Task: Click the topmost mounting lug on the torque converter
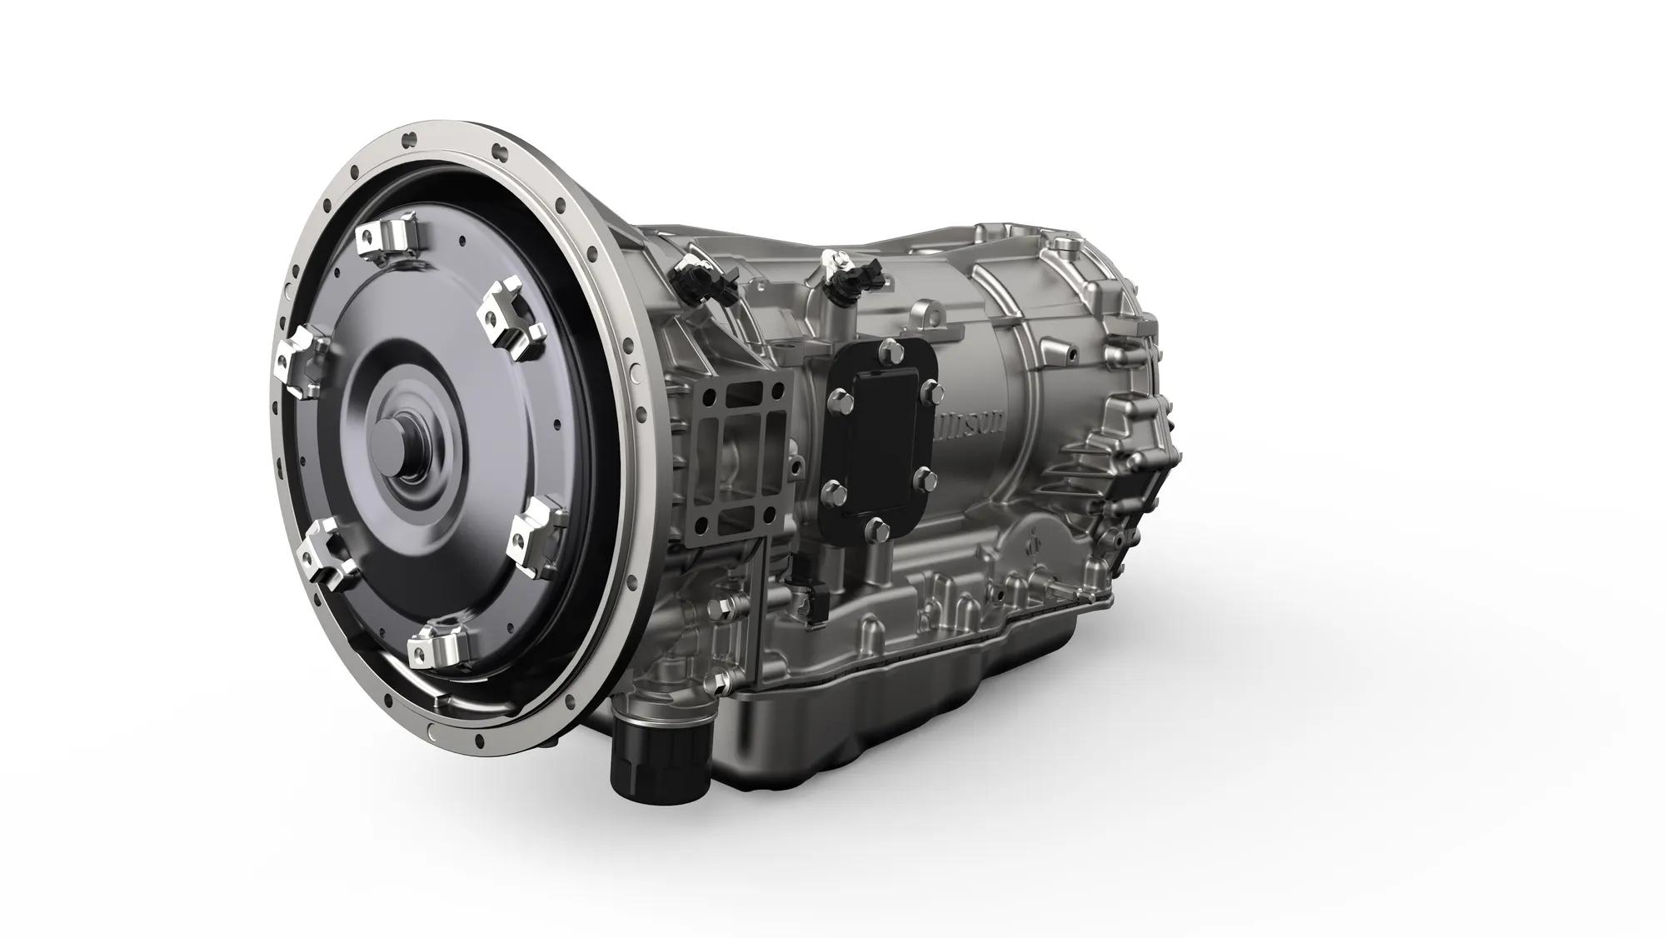coord(385,237)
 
